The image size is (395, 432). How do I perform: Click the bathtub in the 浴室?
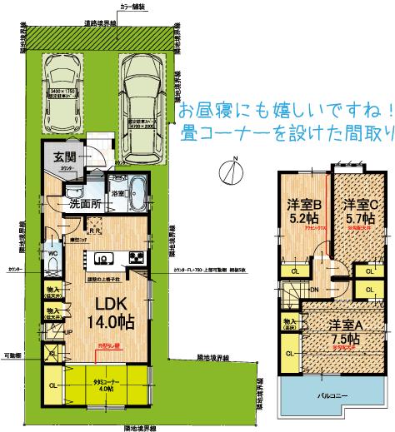(137, 197)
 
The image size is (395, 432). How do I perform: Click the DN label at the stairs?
(314, 289)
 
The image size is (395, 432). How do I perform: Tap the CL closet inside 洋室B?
(296, 271)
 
